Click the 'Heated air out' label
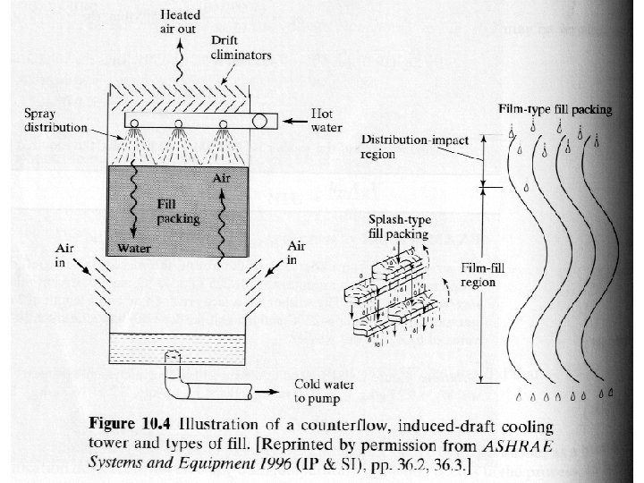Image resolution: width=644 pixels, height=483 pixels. point(180,20)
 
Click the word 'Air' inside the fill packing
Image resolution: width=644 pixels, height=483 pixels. point(222,180)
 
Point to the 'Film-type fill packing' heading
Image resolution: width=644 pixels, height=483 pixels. point(555,110)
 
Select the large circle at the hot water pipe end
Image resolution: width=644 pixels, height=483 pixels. point(266,121)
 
